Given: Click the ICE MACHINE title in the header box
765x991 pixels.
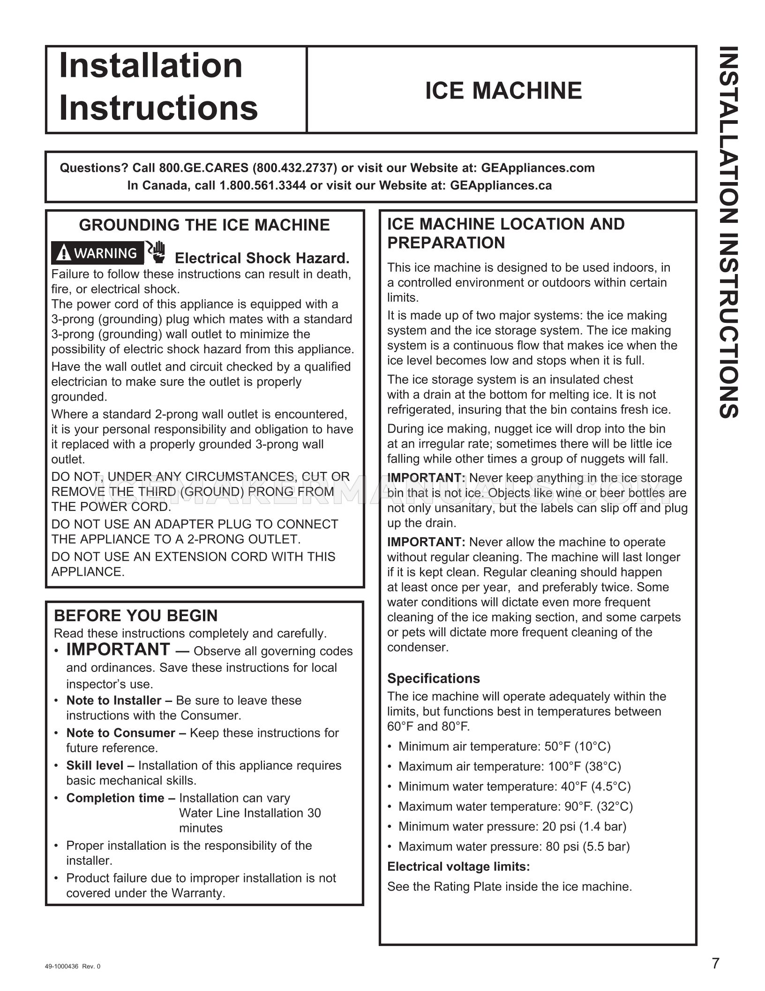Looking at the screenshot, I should (x=503, y=91).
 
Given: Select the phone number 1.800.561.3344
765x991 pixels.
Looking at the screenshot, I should (x=262, y=185).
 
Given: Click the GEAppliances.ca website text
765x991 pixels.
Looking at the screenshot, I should (x=501, y=185).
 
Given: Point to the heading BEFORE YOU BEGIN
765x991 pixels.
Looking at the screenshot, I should (x=136, y=616).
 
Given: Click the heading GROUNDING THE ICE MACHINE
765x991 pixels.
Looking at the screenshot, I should (x=204, y=225).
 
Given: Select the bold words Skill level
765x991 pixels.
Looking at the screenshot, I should (x=100, y=765).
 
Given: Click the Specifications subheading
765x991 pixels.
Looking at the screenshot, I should (x=433, y=678).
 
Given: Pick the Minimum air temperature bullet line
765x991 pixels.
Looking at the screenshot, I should (x=504, y=746).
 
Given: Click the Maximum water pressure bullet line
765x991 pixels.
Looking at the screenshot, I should (x=513, y=846).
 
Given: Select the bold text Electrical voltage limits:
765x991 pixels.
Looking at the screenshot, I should (x=458, y=867).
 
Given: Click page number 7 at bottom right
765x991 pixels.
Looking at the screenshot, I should (x=715, y=964).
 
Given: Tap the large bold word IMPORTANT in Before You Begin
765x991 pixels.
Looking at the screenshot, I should (x=118, y=649).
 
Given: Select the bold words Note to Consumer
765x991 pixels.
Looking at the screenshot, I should (x=120, y=733).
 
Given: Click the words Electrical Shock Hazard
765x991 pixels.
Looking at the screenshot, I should (x=262, y=258).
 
